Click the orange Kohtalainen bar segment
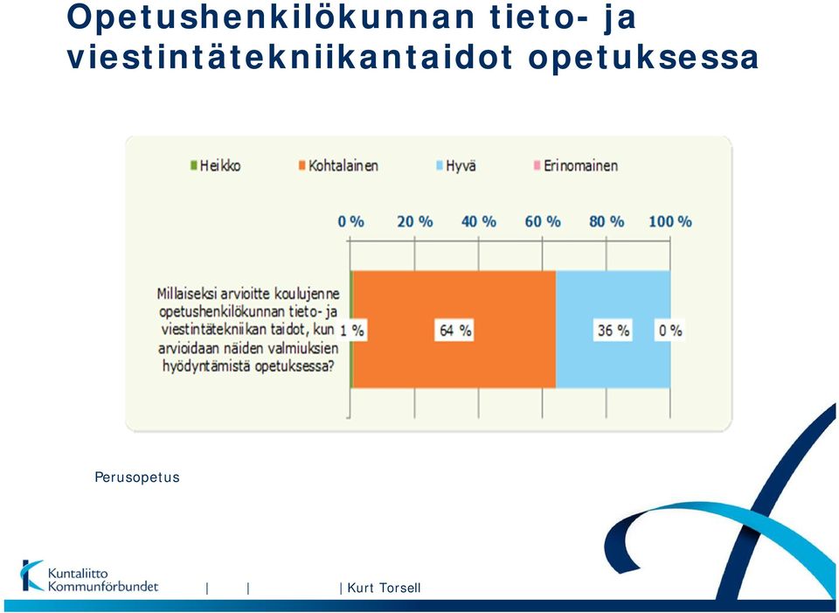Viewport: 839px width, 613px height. (x=454, y=330)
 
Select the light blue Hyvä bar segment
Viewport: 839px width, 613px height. (x=614, y=330)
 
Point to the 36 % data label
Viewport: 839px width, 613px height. (x=614, y=330)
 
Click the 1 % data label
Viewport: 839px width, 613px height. (x=352, y=331)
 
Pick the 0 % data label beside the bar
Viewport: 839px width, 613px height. (x=670, y=331)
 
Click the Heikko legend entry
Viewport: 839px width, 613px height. (x=216, y=165)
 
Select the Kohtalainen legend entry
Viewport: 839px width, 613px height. (x=338, y=165)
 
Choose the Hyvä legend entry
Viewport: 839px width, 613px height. (x=455, y=165)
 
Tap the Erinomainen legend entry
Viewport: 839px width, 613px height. (x=576, y=165)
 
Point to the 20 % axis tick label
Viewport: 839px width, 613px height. (x=414, y=221)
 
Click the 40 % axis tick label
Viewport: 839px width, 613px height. (x=479, y=221)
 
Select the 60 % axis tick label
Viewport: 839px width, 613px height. (x=543, y=221)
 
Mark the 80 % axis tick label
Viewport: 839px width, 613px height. (x=607, y=221)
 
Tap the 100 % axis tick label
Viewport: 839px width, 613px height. (x=670, y=221)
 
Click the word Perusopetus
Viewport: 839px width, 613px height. (x=137, y=477)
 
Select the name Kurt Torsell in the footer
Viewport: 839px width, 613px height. (x=384, y=588)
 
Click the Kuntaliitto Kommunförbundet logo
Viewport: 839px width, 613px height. (x=89, y=576)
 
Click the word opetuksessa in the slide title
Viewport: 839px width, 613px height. (x=643, y=58)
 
